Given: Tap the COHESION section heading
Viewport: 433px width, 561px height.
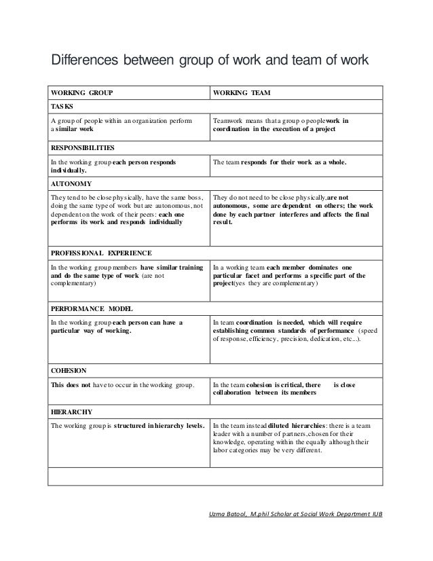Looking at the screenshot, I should pyautogui.click(x=69, y=370).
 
